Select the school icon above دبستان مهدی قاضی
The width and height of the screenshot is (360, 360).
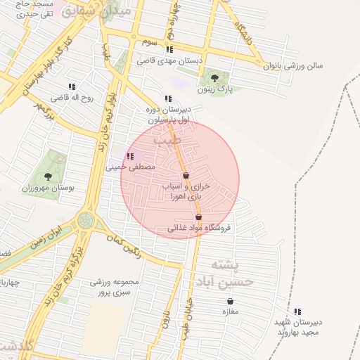(x=169, y=49)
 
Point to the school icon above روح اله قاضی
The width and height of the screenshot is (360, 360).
(x=72, y=86)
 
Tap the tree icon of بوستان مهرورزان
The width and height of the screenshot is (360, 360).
(x=48, y=176)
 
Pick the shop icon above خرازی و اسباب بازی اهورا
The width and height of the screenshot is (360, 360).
(x=186, y=176)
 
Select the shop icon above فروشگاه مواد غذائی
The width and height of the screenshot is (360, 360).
(x=198, y=217)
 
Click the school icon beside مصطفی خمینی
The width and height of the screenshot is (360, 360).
(x=129, y=156)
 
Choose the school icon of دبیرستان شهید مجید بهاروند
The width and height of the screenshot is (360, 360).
(x=297, y=311)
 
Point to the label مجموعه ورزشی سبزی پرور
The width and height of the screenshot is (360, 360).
(x=115, y=286)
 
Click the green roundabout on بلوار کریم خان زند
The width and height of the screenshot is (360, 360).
(x=87, y=221)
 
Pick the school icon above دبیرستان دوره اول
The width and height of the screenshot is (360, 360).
(x=167, y=99)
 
